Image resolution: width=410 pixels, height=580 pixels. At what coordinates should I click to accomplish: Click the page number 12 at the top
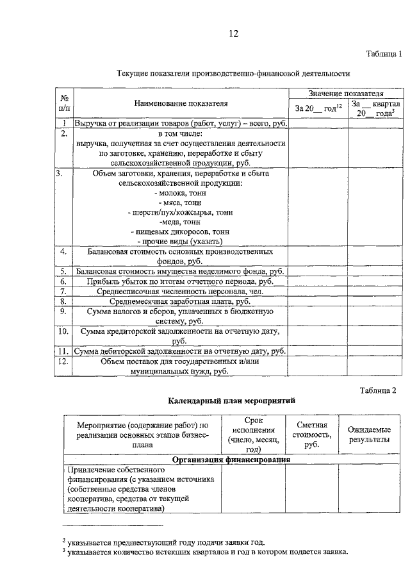tap(233, 34)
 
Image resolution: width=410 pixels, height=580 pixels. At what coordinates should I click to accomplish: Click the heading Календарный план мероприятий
tap(231, 401)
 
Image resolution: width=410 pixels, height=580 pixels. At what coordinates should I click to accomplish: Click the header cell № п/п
tap(64, 103)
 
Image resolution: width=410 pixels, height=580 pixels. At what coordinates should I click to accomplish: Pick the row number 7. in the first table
tap(64, 291)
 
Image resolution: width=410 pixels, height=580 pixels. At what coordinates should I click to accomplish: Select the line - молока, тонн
tap(180, 193)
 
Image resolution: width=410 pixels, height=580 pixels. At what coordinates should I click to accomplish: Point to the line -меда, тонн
tap(180, 221)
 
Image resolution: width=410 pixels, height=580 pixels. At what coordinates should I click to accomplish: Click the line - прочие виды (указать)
tap(180, 241)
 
